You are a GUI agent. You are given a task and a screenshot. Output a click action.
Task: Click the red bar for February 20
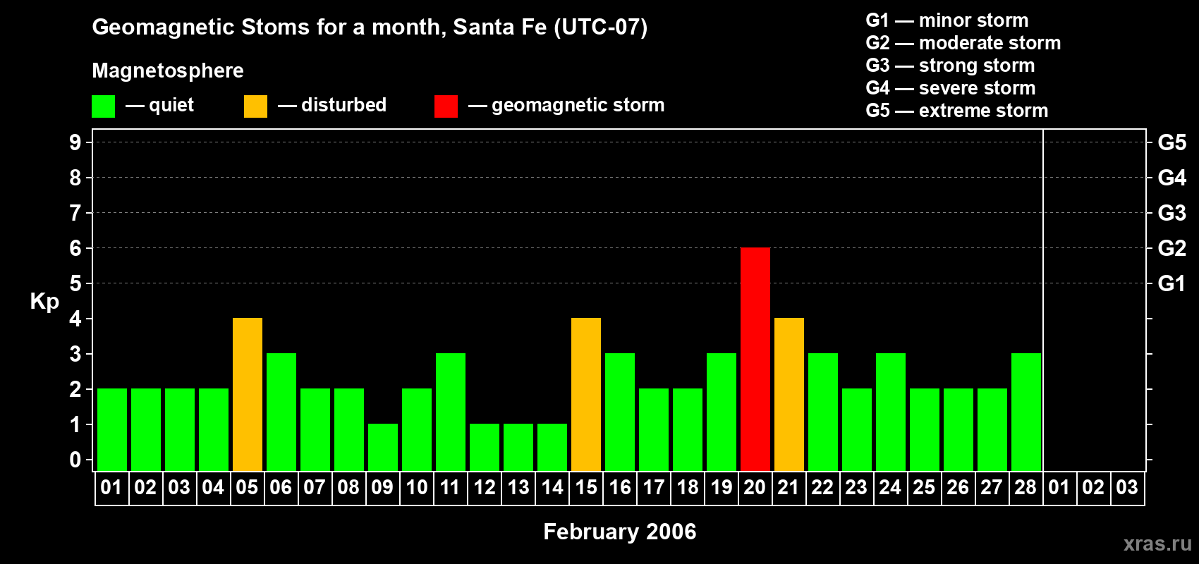click(x=755, y=359)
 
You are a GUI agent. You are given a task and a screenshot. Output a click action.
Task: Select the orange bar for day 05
click(x=247, y=394)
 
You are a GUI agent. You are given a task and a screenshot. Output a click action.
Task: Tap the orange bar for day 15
click(x=585, y=394)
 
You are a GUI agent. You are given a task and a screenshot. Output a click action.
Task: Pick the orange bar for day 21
click(x=789, y=394)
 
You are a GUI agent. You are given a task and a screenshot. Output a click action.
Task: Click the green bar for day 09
click(x=382, y=447)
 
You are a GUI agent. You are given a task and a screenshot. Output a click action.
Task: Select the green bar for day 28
click(x=1025, y=412)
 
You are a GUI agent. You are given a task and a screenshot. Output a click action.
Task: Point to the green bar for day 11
click(x=450, y=412)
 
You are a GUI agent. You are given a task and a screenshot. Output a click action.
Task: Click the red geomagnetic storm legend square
click(x=446, y=106)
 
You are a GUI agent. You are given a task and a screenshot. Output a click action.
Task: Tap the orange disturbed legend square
click(x=255, y=106)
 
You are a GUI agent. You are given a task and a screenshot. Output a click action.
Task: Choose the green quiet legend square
click(x=103, y=106)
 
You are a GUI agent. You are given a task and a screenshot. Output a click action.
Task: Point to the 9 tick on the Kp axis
click(x=75, y=142)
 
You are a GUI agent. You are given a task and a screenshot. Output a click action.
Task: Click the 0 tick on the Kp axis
click(x=75, y=460)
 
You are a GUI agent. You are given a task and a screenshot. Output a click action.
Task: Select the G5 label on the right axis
click(x=1171, y=142)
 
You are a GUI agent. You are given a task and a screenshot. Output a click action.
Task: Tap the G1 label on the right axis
click(x=1171, y=283)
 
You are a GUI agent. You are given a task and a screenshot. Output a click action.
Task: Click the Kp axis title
click(x=44, y=301)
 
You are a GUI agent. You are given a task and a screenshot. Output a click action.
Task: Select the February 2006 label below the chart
click(x=619, y=531)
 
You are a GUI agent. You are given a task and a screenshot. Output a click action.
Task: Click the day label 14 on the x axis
click(x=552, y=487)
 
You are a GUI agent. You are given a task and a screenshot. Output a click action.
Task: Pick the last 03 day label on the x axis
click(x=1126, y=487)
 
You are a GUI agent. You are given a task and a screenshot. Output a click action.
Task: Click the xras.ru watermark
click(x=1157, y=543)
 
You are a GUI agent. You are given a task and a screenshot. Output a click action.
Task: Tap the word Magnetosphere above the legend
click(x=168, y=70)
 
